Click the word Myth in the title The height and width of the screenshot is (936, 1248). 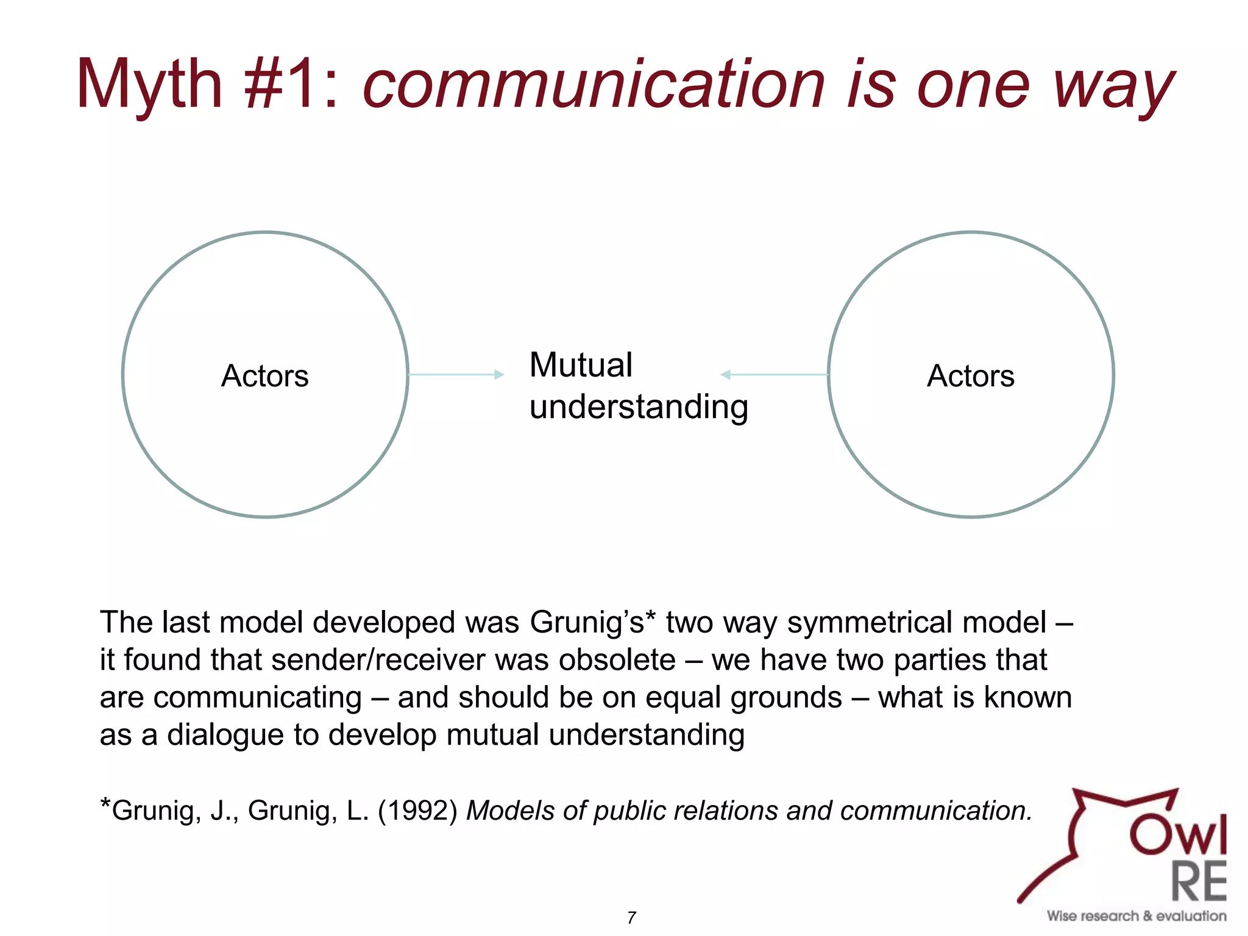point(149,85)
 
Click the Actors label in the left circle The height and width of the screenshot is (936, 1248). point(264,376)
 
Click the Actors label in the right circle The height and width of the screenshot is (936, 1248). point(971,376)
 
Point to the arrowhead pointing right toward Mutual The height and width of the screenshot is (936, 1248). point(500,374)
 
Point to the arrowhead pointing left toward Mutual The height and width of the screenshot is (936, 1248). point(725,374)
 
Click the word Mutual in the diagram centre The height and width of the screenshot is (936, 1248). point(581,365)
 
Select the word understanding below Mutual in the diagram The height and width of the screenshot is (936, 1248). point(638,407)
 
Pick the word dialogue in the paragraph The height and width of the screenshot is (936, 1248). point(225,735)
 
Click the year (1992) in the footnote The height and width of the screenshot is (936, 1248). point(417,811)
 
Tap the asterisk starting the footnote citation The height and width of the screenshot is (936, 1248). point(105,804)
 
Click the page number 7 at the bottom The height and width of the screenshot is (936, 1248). point(631,918)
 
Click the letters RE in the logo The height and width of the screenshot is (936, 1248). point(1199,882)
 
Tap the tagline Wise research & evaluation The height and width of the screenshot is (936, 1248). point(1136,916)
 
